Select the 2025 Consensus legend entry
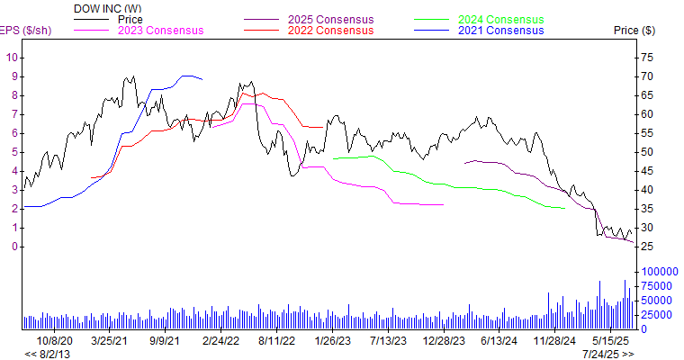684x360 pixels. coord(330,19)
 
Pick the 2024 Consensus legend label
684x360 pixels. coord(500,19)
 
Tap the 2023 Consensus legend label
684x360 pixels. coord(160,30)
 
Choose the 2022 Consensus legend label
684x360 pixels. coord(330,30)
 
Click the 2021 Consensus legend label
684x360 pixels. coord(500,30)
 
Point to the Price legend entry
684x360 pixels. coord(130,19)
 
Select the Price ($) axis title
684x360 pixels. coord(634,30)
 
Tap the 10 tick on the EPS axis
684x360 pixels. coord(12,57)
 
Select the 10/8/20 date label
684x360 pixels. coord(54,341)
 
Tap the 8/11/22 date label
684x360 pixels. coord(276,341)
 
